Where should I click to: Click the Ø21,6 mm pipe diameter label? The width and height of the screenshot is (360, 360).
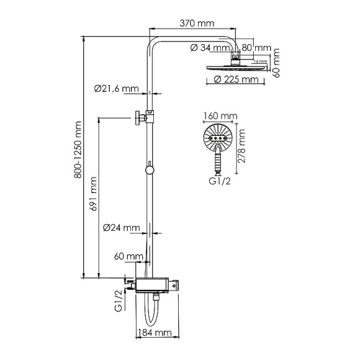coord(117,89)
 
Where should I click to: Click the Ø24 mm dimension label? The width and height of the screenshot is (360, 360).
coord(122,227)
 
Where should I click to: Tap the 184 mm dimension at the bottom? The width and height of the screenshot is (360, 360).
coord(155,333)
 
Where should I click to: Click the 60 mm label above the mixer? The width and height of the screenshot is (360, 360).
coord(128,256)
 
